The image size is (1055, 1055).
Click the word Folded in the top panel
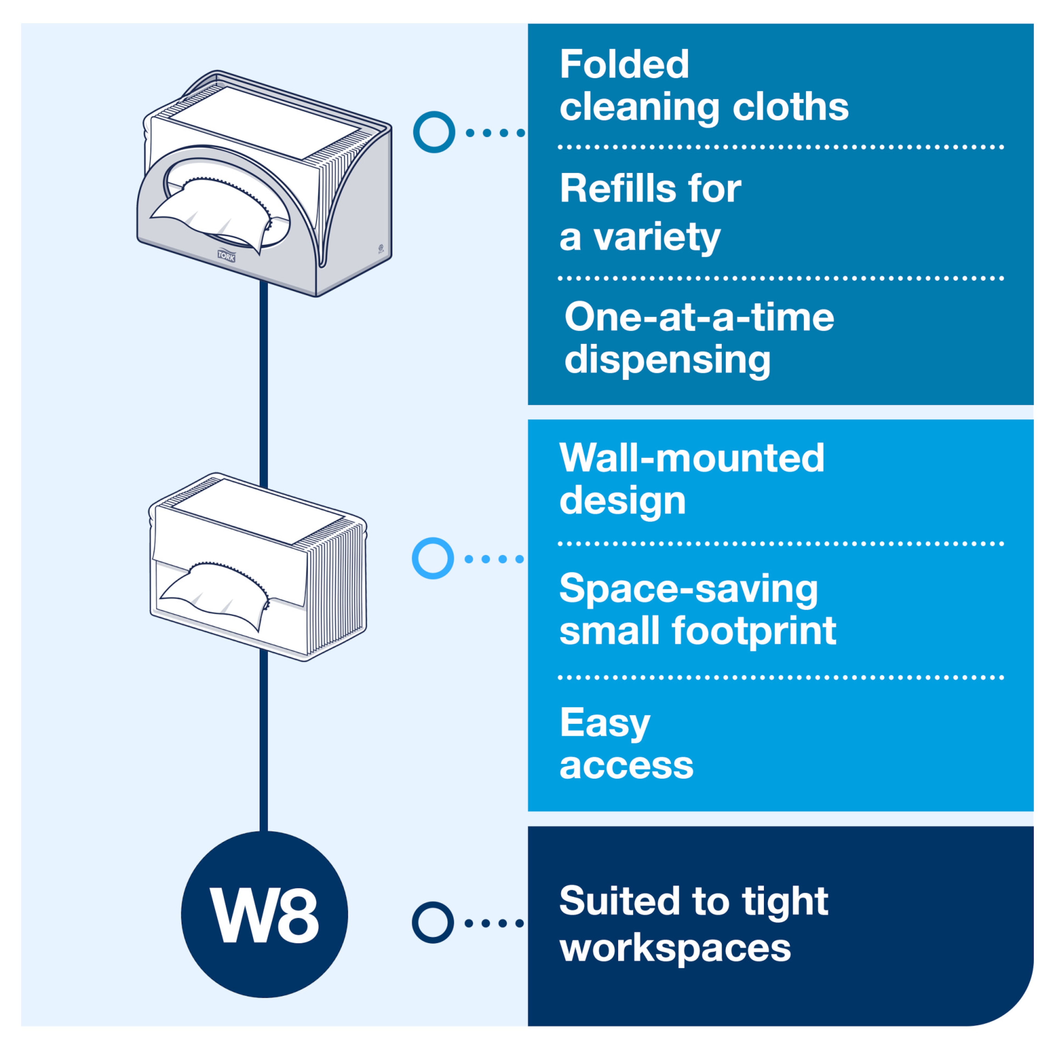click(x=624, y=65)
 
